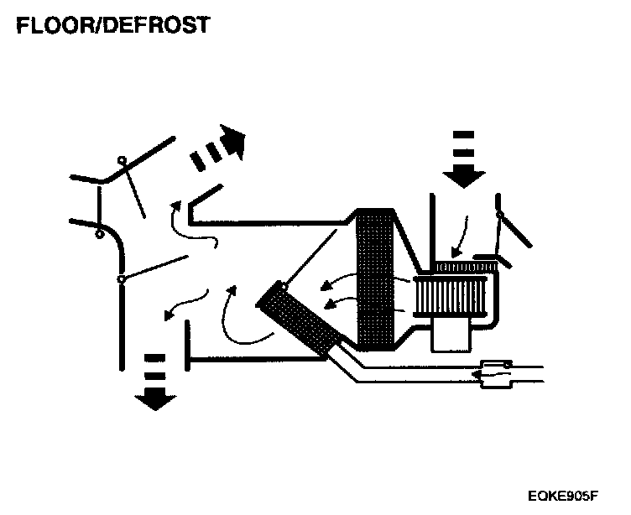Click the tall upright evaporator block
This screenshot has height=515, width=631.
tap(375, 278)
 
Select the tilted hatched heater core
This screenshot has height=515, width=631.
tap(300, 319)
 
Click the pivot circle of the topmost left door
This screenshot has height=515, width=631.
tap(123, 159)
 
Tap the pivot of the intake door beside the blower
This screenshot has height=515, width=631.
tap(501, 216)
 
